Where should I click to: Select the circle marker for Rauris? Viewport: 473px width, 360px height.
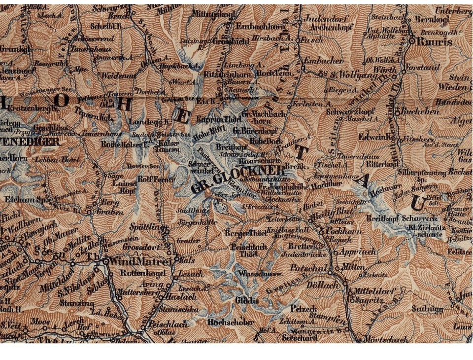(x=412, y=41)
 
